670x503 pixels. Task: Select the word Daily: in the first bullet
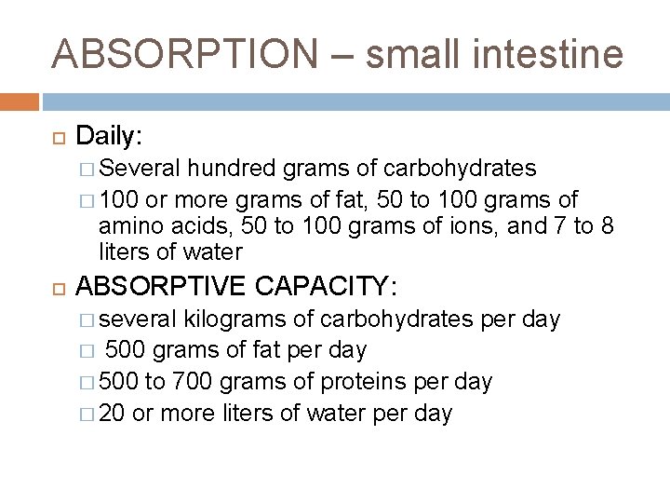[109, 137]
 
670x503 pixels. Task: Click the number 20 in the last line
[112, 413]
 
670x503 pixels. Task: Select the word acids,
[189, 226]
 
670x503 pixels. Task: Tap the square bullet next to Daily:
[56, 138]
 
